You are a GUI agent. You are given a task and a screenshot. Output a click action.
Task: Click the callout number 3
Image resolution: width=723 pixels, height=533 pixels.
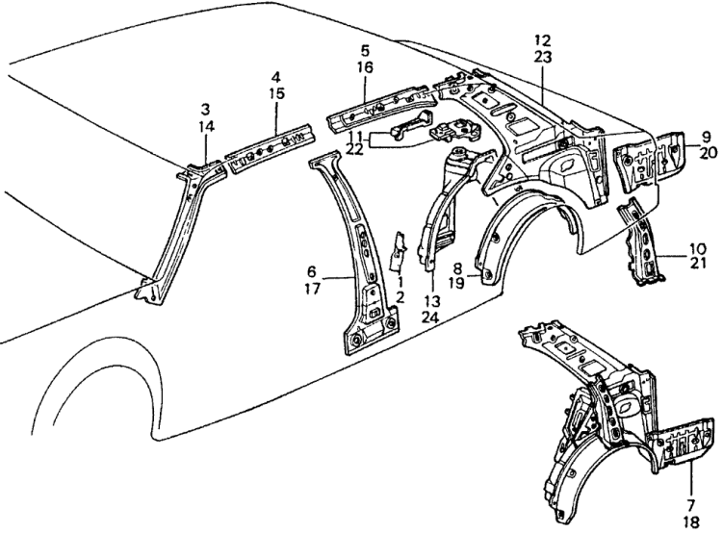tap(205, 111)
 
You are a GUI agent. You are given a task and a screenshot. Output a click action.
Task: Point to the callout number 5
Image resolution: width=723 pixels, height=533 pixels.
tap(365, 49)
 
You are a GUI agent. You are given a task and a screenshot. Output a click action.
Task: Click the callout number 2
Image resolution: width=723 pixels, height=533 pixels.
tap(400, 297)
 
